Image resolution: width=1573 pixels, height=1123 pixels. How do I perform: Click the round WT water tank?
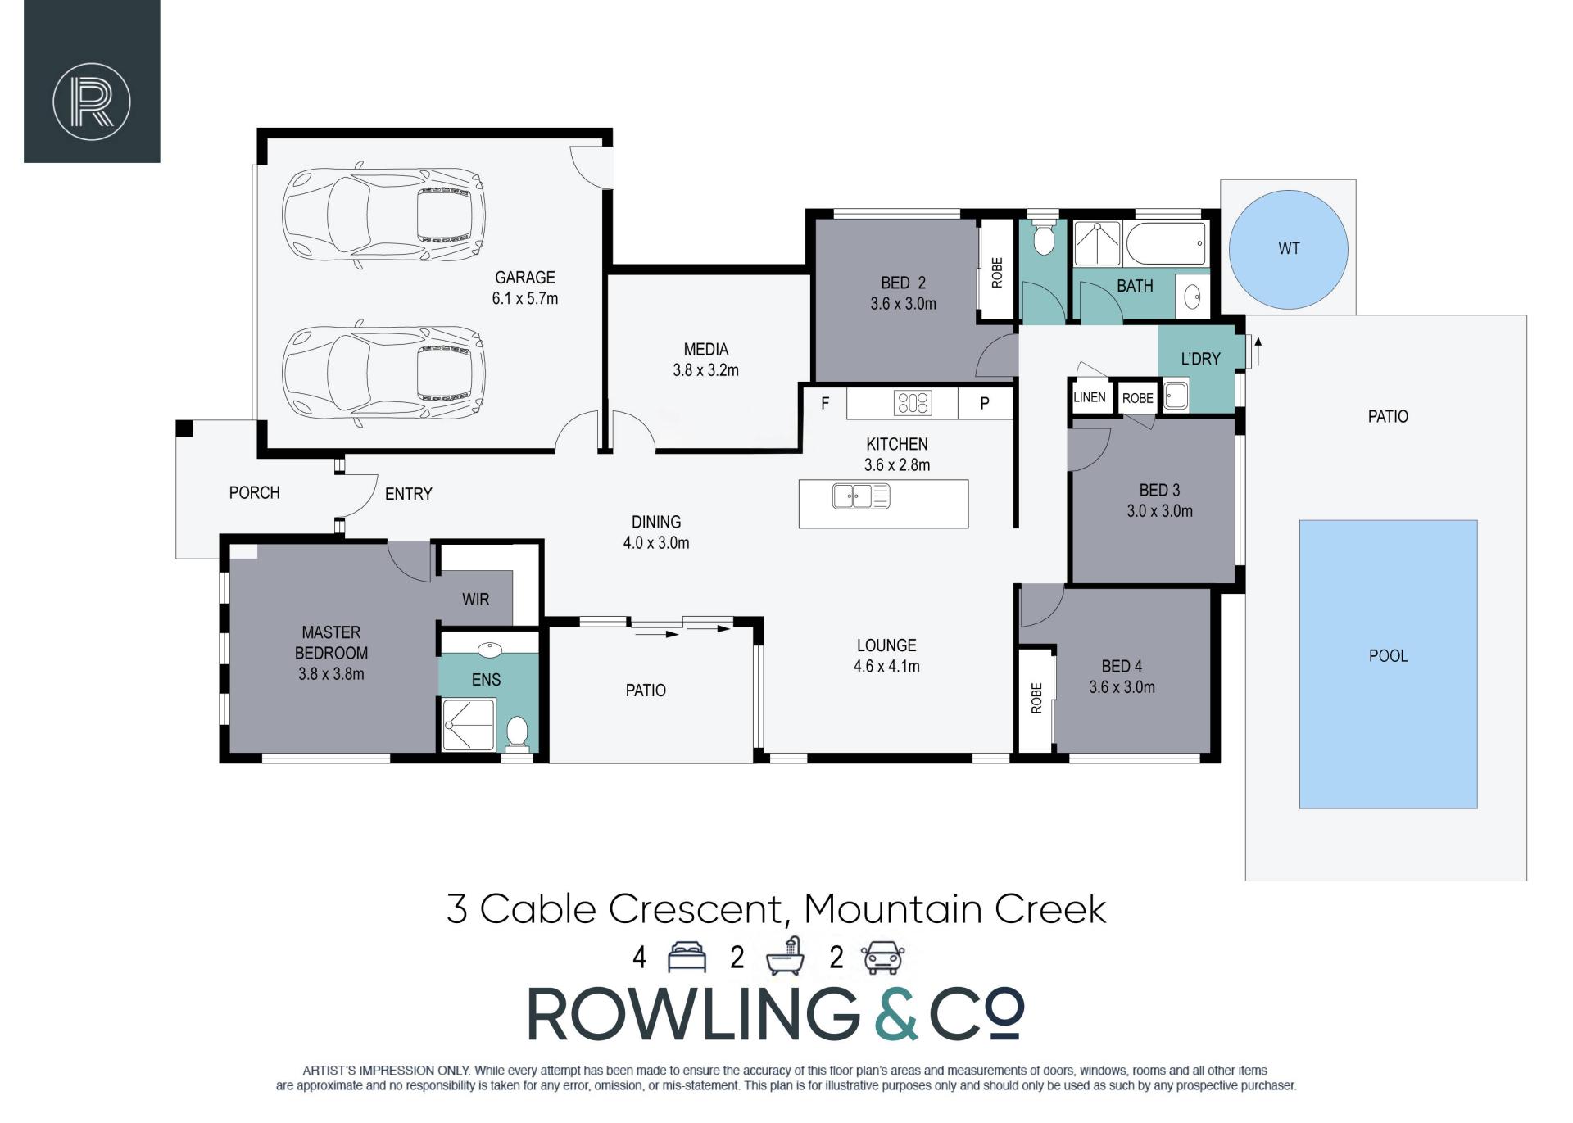1289,249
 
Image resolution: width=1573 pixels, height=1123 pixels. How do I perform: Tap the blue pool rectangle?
1388,664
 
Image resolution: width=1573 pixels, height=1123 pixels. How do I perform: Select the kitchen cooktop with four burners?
913,402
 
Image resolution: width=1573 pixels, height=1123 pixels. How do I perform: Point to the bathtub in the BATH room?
1166,243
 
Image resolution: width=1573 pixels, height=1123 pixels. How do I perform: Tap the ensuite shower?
469,724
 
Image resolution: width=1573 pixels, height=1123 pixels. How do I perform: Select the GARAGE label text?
524,278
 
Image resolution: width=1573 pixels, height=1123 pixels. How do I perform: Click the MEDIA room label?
705,350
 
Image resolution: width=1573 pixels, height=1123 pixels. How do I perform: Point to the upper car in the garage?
383,215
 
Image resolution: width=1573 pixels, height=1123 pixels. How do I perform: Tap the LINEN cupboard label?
1090,397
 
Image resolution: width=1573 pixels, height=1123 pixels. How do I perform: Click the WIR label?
475,600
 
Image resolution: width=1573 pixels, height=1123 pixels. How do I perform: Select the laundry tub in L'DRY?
1175,396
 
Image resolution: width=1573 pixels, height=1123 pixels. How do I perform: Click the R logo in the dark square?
92,102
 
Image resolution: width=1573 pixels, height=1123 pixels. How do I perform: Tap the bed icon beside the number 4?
687,957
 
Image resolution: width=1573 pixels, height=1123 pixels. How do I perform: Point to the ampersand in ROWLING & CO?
895,1014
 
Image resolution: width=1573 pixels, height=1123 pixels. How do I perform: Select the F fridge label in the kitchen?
825,403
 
